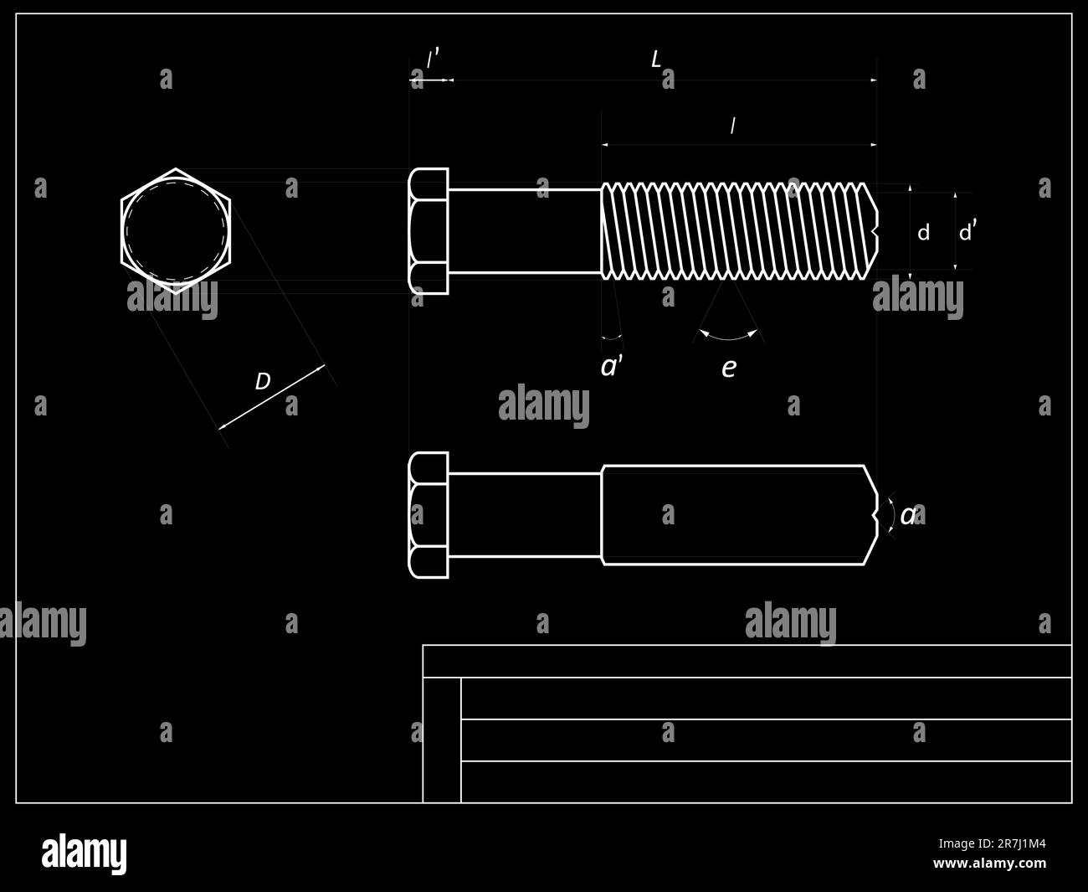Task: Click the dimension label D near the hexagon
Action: coord(262,382)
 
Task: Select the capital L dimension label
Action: coord(656,59)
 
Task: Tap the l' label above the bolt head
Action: coord(432,59)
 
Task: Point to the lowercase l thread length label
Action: coord(732,126)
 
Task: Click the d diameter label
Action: coord(923,233)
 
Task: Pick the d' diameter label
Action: coord(967,231)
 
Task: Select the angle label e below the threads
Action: coord(729,368)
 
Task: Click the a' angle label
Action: coord(612,366)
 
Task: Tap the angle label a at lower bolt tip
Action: coord(908,515)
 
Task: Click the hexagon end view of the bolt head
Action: coord(176,231)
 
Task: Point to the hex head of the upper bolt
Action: coord(429,231)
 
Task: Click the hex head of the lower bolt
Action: coord(429,515)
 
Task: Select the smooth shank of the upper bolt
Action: coord(525,231)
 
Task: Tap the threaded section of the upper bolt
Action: coord(736,231)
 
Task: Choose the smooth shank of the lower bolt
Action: coord(525,515)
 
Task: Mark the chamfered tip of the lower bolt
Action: coord(870,515)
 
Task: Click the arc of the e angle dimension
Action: coord(729,338)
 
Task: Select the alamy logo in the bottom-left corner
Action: coord(84,853)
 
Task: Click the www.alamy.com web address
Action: coord(989,864)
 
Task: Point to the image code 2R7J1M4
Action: coord(992,843)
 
